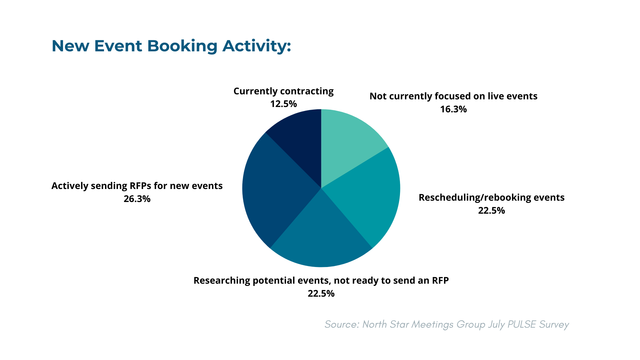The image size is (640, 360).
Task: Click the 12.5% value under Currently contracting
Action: (283, 104)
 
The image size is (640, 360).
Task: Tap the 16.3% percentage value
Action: (453, 109)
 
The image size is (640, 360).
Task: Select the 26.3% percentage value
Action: (137, 199)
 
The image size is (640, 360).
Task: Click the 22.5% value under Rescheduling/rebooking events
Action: (491, 211)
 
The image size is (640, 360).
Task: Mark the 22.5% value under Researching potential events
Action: (321, 294)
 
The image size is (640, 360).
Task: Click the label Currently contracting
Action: (283, 91)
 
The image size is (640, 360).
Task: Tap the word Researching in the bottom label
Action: (222, 281)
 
